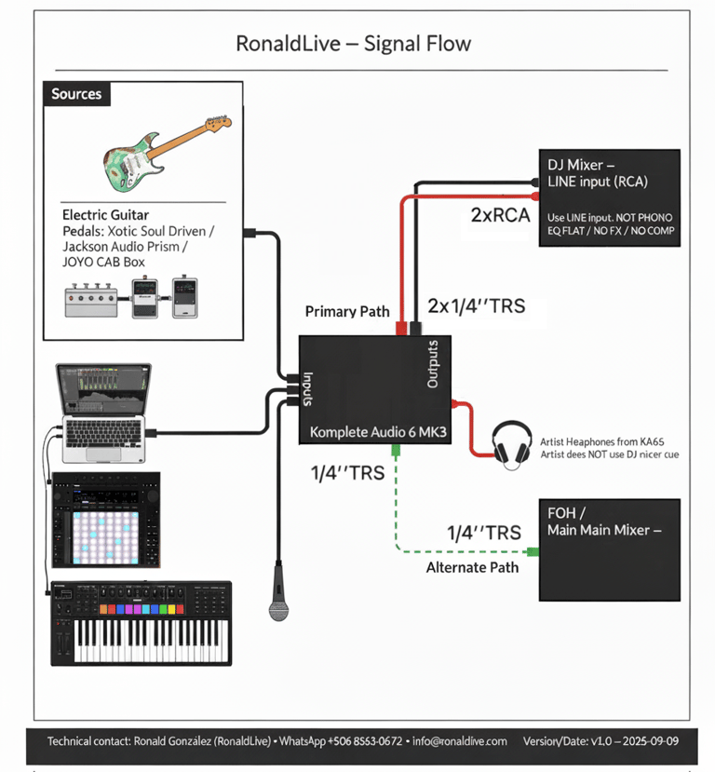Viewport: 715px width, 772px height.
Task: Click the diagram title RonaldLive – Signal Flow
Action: point(353,44)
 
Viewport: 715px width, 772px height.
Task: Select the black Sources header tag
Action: point(76,94)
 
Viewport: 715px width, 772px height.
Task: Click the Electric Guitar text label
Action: point(105,215)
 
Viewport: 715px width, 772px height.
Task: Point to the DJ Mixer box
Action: point(611,197)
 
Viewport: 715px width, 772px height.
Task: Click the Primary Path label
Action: point(348,311)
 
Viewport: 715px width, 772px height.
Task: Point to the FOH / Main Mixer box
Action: point(611,549)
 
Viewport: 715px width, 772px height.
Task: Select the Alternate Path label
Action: point(472,567)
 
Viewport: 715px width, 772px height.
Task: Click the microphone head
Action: point(278,609)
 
